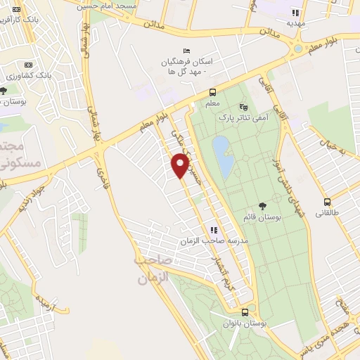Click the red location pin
pos(180,165)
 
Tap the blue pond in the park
pos(224,156)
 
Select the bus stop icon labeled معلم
pos(212,93)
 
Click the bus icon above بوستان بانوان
pos(245,311)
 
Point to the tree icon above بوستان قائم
pos(263,206)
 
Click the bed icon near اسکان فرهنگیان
pos(186,51)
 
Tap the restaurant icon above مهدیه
pos(296,12)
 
